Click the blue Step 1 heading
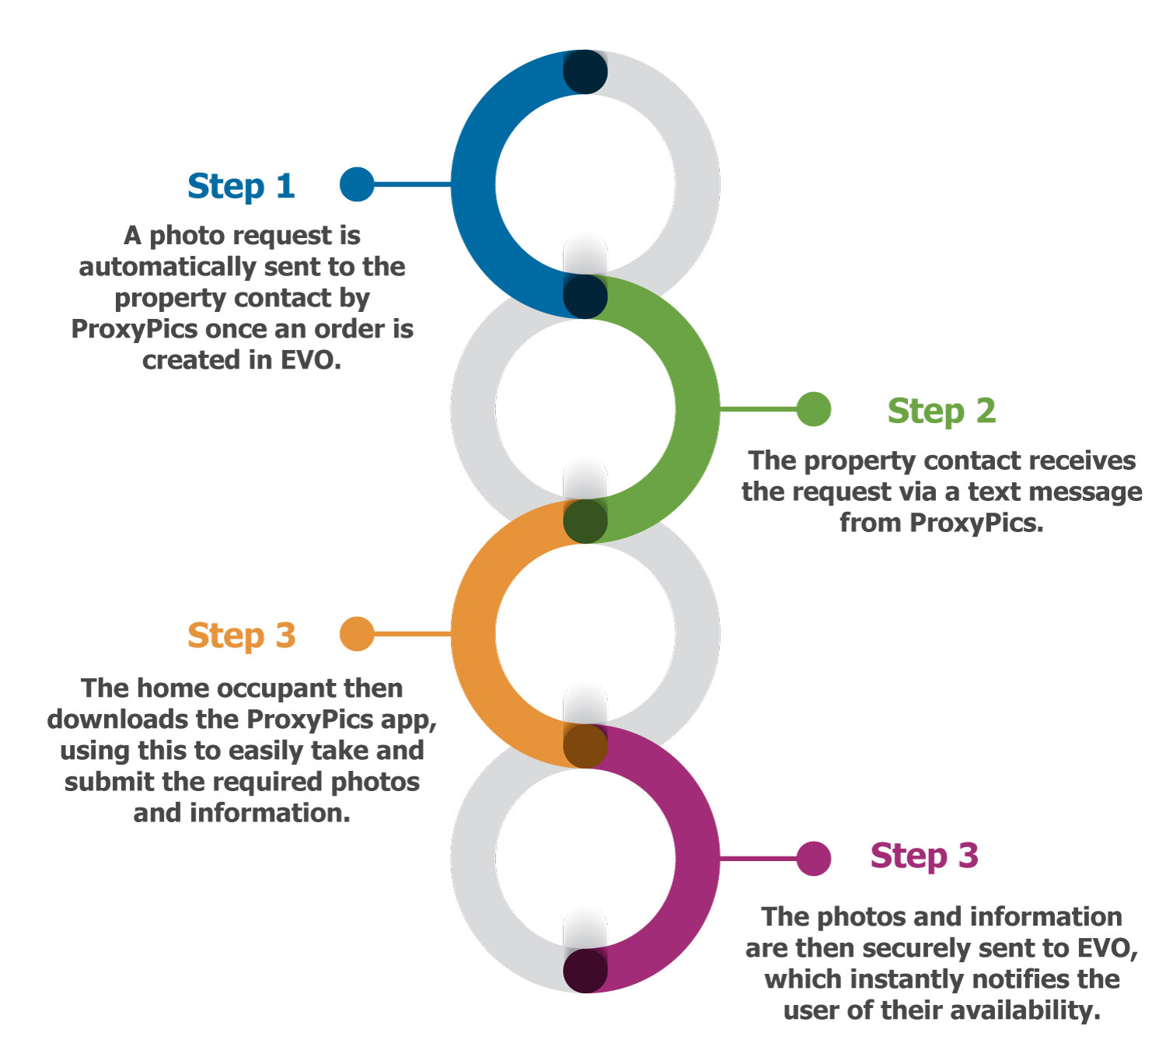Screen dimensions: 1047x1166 241,187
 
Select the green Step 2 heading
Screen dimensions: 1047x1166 941,411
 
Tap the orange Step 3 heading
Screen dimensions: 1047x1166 241,636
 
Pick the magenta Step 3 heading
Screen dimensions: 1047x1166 924,856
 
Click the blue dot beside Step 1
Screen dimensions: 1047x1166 357,184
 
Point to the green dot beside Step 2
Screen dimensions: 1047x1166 814,409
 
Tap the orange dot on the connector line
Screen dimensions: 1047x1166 357,634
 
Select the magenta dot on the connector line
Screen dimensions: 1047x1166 814,859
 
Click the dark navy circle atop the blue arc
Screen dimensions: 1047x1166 585,72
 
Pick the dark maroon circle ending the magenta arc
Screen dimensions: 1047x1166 585,971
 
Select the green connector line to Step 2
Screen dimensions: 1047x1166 758,408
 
